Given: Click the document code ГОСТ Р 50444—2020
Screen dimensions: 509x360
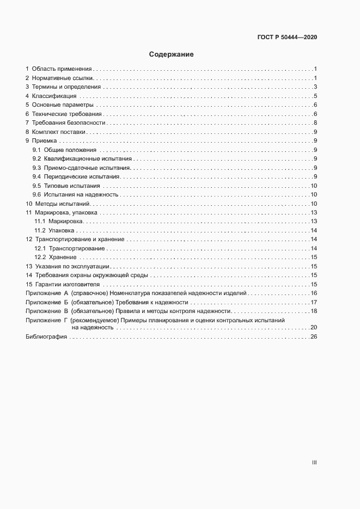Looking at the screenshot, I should click(x=287, y=38).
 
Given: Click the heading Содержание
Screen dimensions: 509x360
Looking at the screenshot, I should click(x=172, y=54).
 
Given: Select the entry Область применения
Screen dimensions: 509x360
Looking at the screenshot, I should click(x=62, y=69).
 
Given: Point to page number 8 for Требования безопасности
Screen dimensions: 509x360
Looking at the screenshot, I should click(x=315, y=123).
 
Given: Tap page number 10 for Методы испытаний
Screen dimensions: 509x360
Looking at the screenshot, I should click(x=314, y=204).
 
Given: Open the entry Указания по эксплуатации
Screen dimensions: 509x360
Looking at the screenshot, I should click(x=72, y=266).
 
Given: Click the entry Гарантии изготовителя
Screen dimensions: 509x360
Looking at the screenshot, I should click(x=68, y=284).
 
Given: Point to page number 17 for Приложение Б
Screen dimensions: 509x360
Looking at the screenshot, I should click(x=314, y=302).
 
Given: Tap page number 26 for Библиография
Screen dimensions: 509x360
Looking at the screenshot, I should click(x=314, y=338).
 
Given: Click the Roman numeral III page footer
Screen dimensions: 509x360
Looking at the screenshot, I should click(x=314, y=462).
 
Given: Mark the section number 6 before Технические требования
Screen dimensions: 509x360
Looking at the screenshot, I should click(x=27, y=114).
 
